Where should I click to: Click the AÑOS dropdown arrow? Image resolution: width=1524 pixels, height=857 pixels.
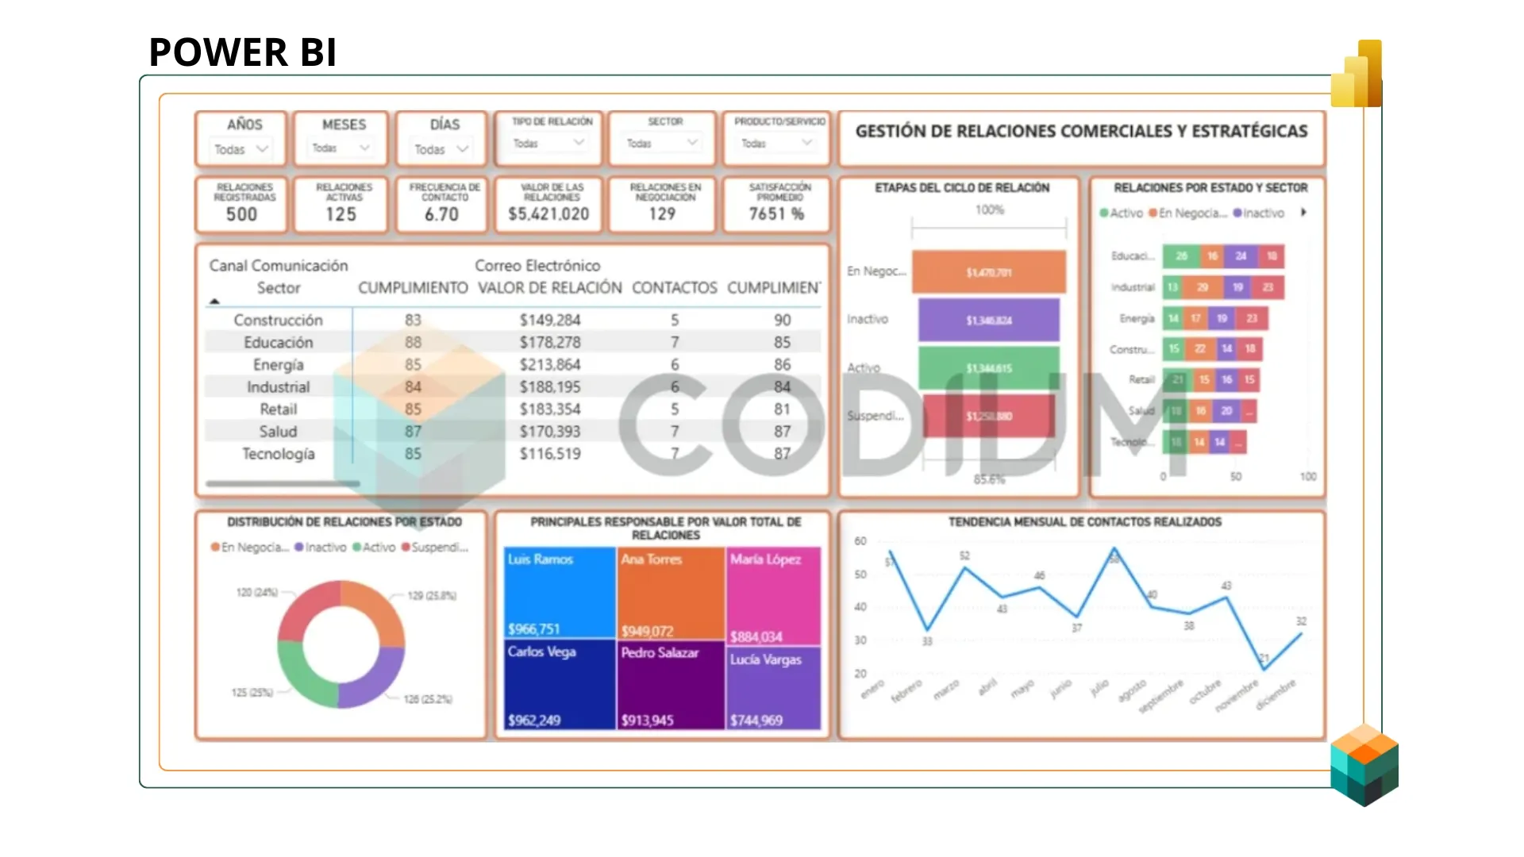(262, 148)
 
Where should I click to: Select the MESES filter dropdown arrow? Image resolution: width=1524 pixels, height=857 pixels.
(364, 148)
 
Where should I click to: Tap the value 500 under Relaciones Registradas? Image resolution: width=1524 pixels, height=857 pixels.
(241, 214)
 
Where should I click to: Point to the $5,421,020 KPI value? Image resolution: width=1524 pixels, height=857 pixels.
(548, 214)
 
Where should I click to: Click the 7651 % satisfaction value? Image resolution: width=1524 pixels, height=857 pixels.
(776, 214)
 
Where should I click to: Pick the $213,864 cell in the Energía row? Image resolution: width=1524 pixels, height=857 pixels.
(550, 365)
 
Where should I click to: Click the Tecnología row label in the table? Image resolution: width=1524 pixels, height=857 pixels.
(278, 454)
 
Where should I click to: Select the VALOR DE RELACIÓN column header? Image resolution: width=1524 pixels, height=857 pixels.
(549, 288)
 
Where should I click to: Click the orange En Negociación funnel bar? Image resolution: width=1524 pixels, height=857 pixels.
(988, 272)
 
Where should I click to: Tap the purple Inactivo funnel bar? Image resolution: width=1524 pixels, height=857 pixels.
(988, 320)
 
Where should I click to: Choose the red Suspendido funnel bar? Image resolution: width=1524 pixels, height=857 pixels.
(988, 416)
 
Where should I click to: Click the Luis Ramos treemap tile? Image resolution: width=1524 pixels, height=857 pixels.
(560, 592)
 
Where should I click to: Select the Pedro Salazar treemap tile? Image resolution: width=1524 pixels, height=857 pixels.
(671, 684)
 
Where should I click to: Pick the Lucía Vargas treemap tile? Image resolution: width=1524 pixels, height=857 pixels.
(773, 687)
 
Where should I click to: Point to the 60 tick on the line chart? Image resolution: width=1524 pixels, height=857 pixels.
(860, 541)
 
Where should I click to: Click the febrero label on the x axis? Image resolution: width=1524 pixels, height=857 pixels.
(906, 690)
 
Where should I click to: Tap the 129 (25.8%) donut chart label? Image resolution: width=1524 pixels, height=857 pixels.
(432, 595)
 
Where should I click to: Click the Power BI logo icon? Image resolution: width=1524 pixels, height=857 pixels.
(1359, 75)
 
